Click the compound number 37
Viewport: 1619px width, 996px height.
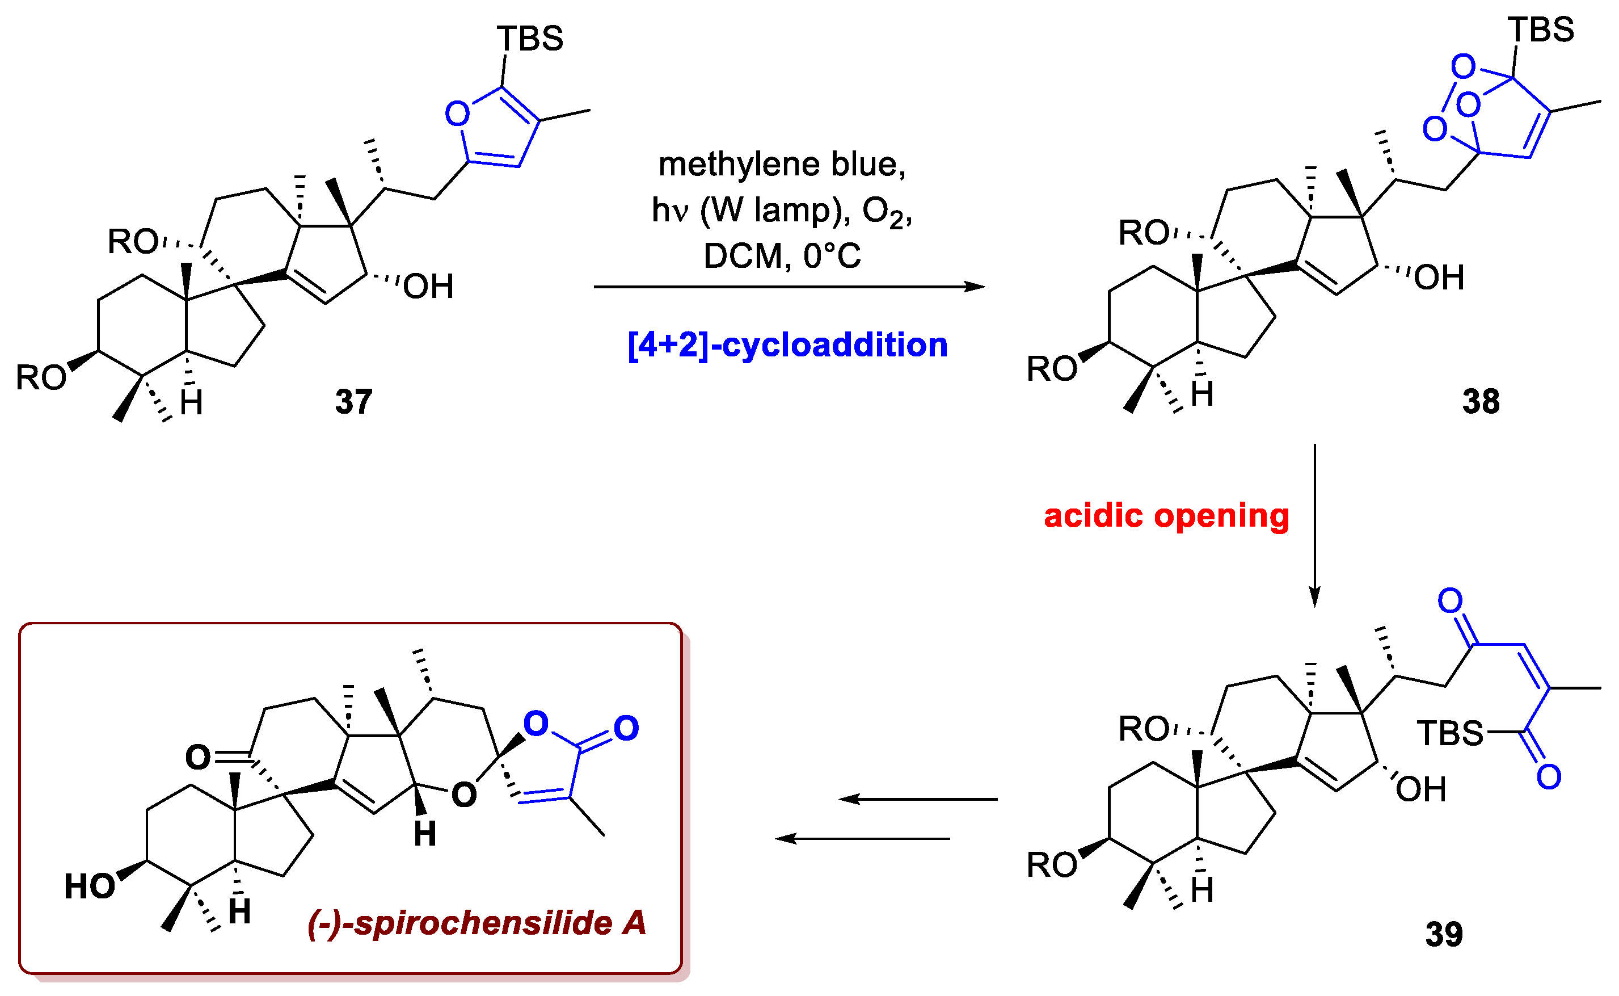coord(353,401)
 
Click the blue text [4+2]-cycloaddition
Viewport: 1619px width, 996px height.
coord(787,345)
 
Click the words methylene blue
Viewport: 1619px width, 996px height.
coord(782,164)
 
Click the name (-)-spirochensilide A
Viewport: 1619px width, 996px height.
coord(477,922)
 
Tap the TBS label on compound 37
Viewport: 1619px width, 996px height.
coord(529,39)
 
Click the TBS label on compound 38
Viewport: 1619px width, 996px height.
coord(1541,30)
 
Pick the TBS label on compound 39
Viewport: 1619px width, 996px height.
coord(1450,733)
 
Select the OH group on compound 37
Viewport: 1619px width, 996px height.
coord(428,287)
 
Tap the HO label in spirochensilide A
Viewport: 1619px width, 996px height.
coord(89,886)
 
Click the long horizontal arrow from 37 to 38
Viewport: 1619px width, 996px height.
coord(788,287)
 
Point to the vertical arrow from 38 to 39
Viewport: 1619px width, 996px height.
coord(1314,525)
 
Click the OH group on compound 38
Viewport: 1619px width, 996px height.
coord(1439,278)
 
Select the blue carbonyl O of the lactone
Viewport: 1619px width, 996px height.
coord(626,728)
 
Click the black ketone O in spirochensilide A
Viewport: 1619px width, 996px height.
coord(197,758)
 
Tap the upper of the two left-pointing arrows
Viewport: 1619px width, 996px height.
coord(918,799)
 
